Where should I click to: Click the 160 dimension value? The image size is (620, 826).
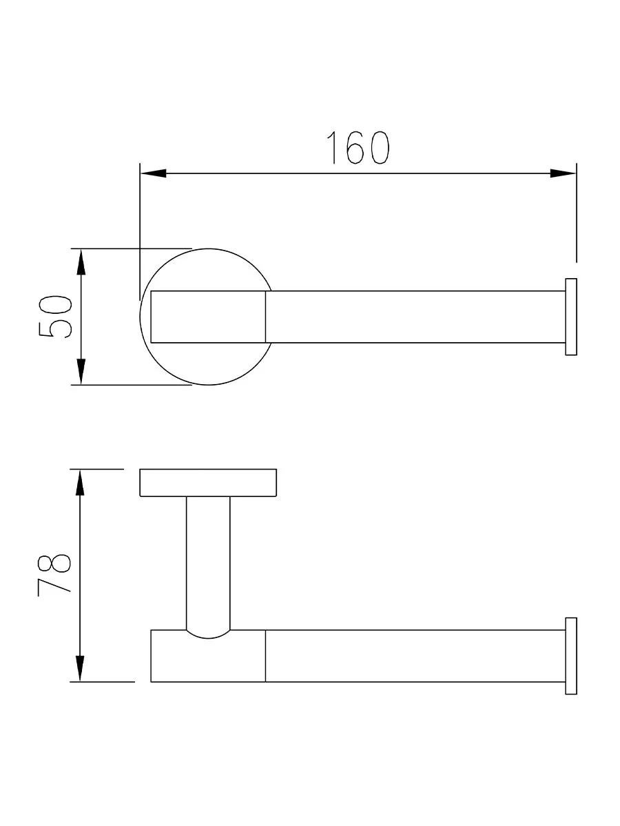[358, 148]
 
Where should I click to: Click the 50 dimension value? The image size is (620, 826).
[55, 317]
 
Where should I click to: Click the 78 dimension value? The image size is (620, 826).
[54, 575]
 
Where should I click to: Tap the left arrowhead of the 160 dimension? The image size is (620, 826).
[153, 173]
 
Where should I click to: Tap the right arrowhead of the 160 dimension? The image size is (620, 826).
[563, 173]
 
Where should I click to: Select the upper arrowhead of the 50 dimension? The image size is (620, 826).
[81, 262]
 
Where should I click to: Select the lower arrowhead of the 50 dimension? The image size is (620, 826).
[81, 372]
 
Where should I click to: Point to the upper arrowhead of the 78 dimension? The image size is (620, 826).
[80, 483]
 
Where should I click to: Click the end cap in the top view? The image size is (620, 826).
[571, 317]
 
